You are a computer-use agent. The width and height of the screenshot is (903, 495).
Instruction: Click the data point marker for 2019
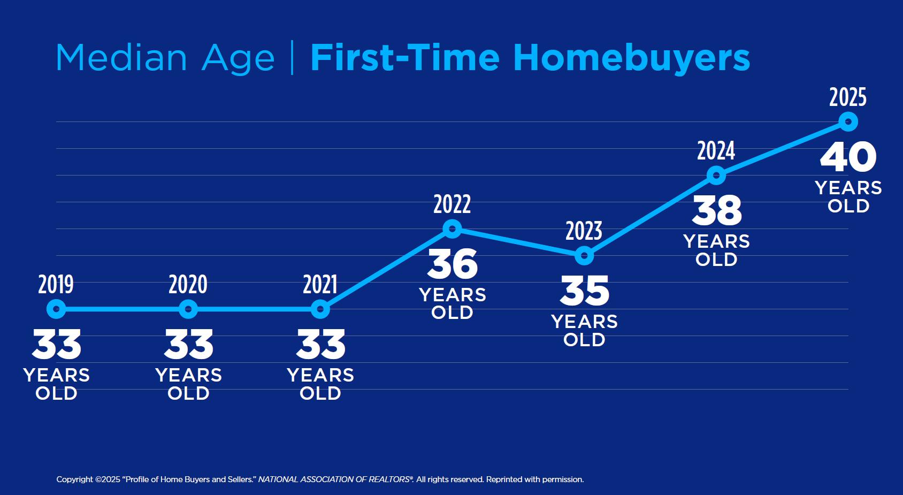tap(56, 309)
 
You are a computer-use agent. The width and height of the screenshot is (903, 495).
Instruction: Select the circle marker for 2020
tap(188, 309)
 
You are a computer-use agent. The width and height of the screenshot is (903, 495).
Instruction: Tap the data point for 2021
tap(320, 309)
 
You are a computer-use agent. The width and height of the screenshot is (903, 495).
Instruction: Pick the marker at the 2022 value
tap(453, 229)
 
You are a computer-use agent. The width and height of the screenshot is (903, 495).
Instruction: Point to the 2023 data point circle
tap(584, 256)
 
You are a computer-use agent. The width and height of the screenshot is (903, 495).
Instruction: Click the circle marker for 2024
tap(716, 176)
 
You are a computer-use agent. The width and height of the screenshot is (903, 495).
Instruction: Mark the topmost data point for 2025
tap(848, 122)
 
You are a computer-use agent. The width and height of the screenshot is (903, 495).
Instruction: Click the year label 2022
tap(453, 204)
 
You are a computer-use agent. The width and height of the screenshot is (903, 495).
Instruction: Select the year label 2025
tap(848, 97)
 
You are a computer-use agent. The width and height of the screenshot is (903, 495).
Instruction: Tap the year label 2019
tap(56, 284)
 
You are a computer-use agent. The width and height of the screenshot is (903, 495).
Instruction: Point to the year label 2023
tap(584, 231)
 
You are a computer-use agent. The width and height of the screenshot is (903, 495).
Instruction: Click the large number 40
tap(848, 157)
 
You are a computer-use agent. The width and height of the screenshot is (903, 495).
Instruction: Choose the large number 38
tap(717, 211)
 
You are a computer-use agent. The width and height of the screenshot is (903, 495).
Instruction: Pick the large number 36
tap(453, 264)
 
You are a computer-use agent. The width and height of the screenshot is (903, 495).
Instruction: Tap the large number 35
tap(585, 291)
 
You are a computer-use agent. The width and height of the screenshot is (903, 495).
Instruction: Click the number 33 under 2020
tap(188, 344)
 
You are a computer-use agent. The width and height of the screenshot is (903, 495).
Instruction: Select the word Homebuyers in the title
tap(632, 58)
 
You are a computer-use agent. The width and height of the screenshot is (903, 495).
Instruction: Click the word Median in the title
tap(121, 58)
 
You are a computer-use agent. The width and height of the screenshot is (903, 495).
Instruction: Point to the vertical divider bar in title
tap(292, 58)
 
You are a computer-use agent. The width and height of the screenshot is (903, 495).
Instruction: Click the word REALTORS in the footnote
tap(390, 479)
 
